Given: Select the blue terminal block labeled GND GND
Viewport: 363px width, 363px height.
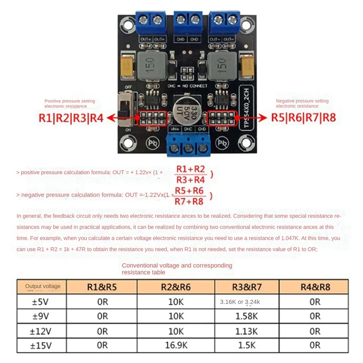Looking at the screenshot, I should [x=188, y=23].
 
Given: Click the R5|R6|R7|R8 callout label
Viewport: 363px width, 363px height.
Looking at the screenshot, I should [x=304, y=118].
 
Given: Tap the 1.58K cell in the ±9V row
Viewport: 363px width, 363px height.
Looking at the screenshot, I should [x=246, y=316].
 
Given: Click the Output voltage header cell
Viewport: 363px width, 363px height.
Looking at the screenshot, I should [x=43, y=286].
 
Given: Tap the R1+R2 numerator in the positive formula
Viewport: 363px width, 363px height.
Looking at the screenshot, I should [x=191, y=169].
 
